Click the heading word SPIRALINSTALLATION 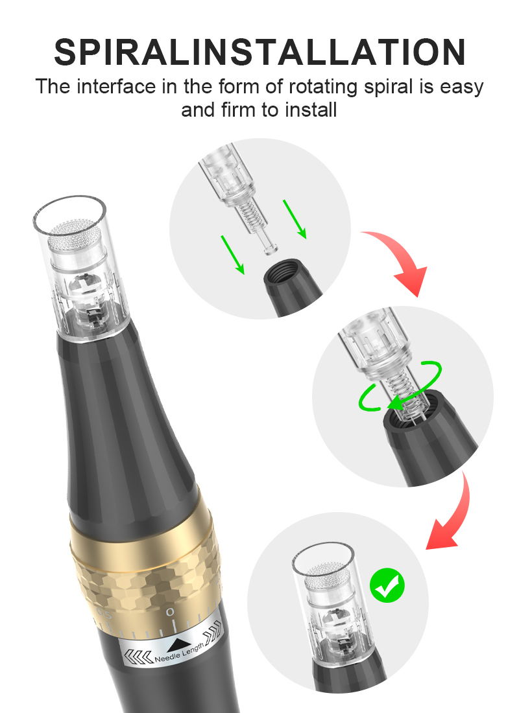click(x=259, y=52)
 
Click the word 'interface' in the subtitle click(x=116, y=86)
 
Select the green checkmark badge click(x=387, y=585)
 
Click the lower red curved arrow click(x=455, y=514)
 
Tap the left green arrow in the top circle click(x=233, y=255)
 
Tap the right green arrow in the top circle click(x=295, y=218)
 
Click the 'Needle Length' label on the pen click(x=179, y=653)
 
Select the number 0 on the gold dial click(x=170, y=612)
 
